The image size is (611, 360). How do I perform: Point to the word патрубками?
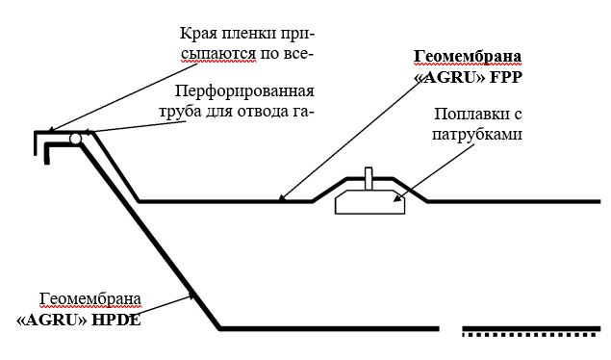click(477, 134)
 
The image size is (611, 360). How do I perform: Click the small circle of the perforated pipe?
click(73, 141)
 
